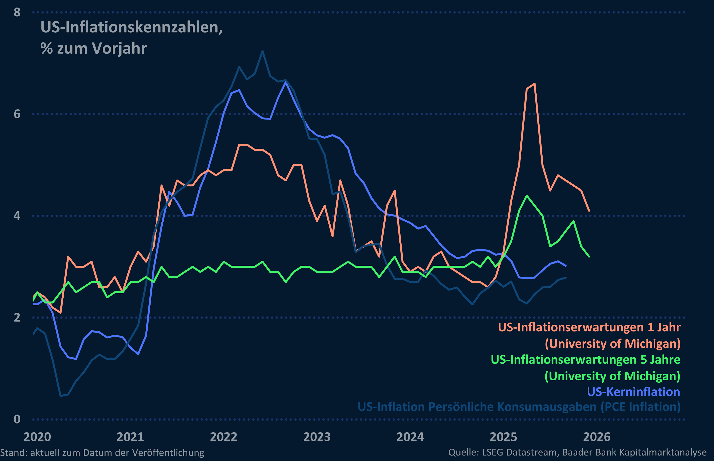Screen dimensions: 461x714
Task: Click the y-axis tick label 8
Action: (x=17, y=12)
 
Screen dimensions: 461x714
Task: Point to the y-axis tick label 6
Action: (x=17, y=114)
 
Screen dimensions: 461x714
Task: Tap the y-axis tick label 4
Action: (x=17, y=216)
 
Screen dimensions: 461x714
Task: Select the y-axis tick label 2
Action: (x=17, y=317)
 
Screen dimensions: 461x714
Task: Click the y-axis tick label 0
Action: (x=17, y=419)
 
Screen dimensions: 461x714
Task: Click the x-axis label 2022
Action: (x=224, y=437)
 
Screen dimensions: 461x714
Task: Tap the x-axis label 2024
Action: (x=410, y=437)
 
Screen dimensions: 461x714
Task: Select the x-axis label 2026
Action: (x=596, y=437)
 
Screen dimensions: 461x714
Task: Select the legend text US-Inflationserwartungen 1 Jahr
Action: (x=589, y=327)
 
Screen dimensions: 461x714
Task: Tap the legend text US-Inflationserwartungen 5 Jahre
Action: (x=585, y=359)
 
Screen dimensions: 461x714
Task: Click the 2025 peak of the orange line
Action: (x=534, y=84)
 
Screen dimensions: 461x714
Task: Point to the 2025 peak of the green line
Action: (x=527, y=196)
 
